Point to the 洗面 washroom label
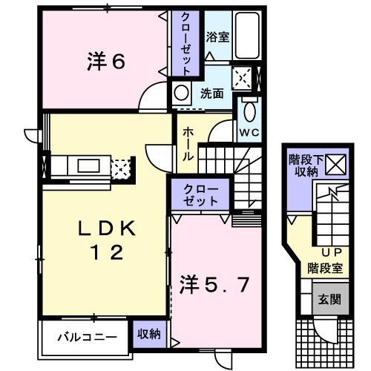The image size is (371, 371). point(212,94)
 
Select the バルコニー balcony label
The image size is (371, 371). point(88,335)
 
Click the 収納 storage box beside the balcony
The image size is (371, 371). point(148,335)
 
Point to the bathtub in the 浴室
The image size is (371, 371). point(247,36)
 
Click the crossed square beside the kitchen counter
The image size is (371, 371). point(120,167)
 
